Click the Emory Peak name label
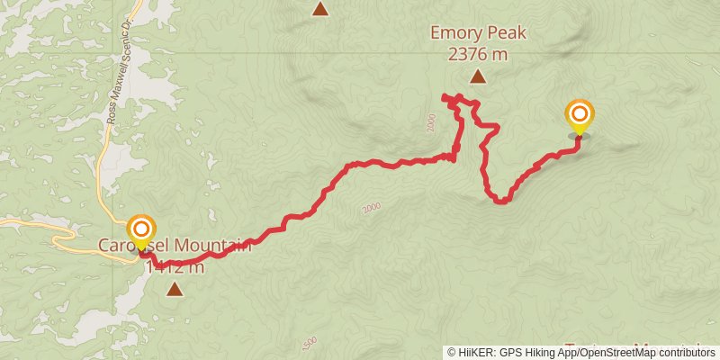pos(477,34)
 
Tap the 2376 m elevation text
pos(477,54)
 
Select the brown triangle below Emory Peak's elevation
pos(478,77)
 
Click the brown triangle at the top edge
pos(320,8)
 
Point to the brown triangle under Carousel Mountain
pos(174,289)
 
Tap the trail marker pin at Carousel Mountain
pos(141,231)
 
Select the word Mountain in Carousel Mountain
pos(211,245)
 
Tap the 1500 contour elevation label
pos(309,346)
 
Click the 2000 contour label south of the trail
pos(370,209)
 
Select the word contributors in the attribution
pos(677,353)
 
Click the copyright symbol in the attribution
pos(453,353)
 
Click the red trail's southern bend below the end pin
pos(500,201)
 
